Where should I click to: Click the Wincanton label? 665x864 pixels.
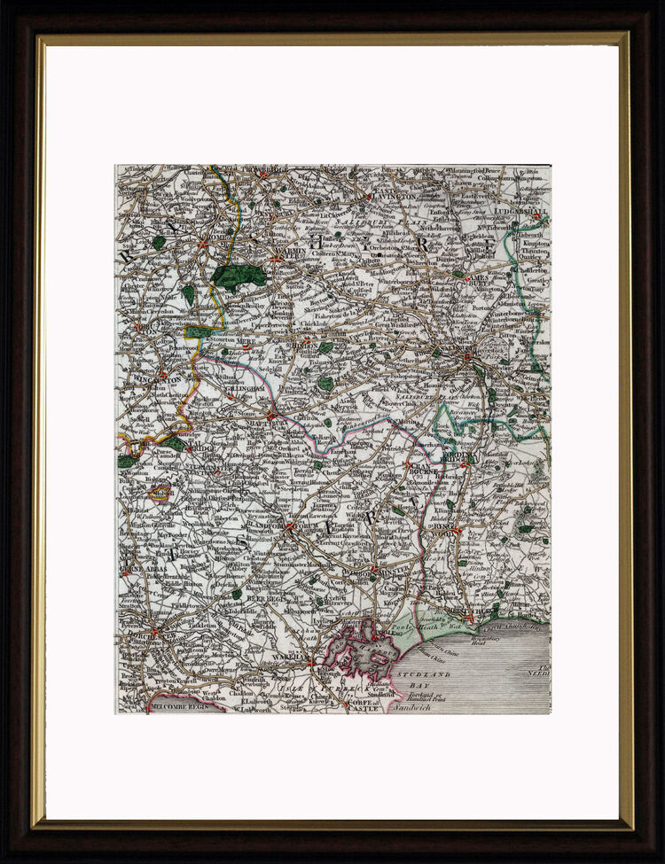160,379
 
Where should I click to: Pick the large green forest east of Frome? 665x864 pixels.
238,276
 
